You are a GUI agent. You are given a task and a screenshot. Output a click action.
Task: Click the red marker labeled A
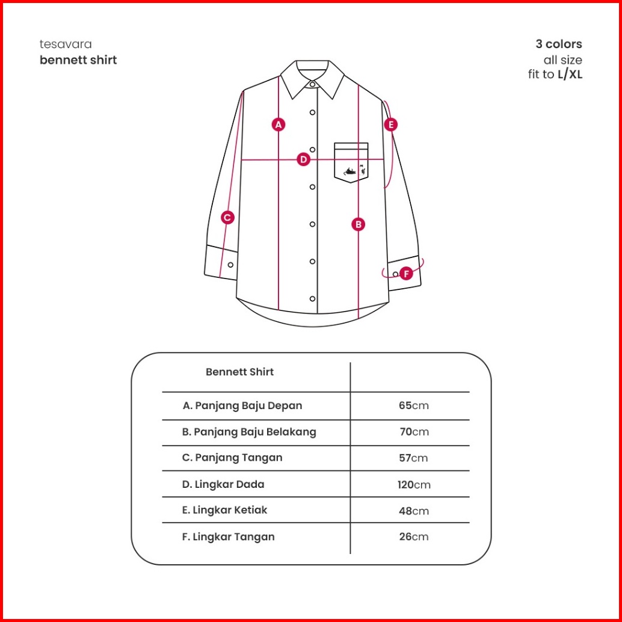pos(278,125)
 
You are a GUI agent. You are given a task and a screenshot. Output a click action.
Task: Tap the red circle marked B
pos(359,224)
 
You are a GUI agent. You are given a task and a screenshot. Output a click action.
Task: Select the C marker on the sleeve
pos(227,218)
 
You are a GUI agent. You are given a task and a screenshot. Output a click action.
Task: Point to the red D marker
pos(303,159)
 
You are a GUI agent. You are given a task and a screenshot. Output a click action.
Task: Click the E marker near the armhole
pos(391,125)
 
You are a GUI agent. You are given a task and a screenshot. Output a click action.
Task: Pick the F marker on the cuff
pos(406,274)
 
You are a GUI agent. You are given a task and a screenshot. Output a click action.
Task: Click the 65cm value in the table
pos(414,405)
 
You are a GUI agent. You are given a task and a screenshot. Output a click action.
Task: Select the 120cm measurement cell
pos(414,485)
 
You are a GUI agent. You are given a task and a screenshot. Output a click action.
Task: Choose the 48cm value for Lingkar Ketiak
pos(414,511)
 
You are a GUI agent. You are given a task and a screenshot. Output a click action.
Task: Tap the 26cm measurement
pos(414,537)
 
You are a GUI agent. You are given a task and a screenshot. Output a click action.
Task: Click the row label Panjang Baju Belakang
pos(249,432)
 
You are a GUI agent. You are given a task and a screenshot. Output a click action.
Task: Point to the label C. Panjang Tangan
pos(232,458)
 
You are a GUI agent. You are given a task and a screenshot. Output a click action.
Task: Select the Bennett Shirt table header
pos(239,372)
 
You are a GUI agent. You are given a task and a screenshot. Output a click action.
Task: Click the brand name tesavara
pos(66,45)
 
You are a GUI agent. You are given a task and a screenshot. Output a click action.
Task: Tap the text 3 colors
pos(559,45)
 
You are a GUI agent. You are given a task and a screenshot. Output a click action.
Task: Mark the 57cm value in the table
pos(414,458)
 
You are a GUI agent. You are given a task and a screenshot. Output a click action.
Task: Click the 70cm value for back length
pos(414,432)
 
